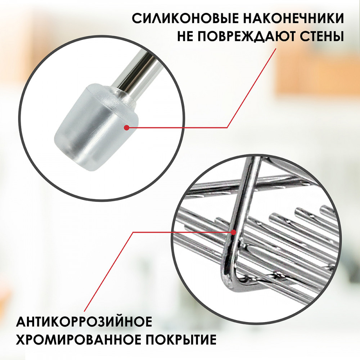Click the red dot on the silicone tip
126,127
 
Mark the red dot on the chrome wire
234,232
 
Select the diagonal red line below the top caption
252,88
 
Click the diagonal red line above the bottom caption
108,272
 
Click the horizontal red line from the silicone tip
177,127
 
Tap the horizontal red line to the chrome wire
183,232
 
